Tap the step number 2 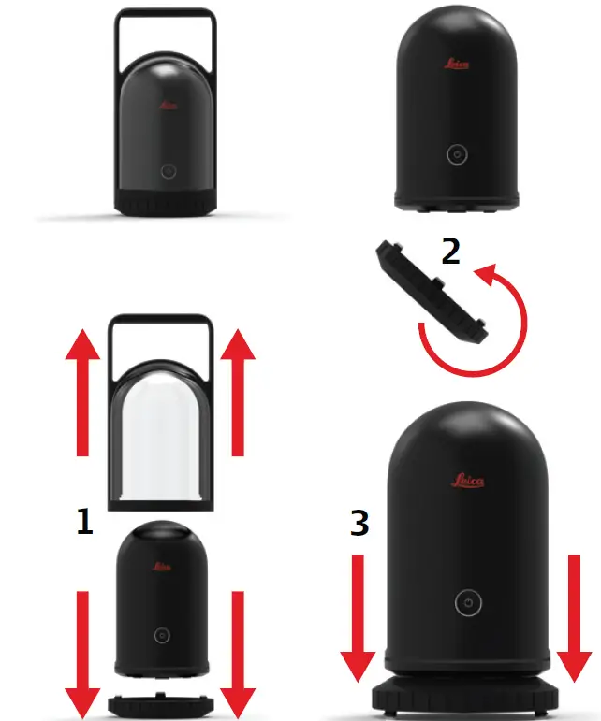(450, 252)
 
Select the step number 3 (359, 525)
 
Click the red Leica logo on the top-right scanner (456, 65)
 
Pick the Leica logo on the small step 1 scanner (160, 567)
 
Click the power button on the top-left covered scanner (168, 171)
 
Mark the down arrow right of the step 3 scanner (574, 617)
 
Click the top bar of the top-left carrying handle (166, 11)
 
